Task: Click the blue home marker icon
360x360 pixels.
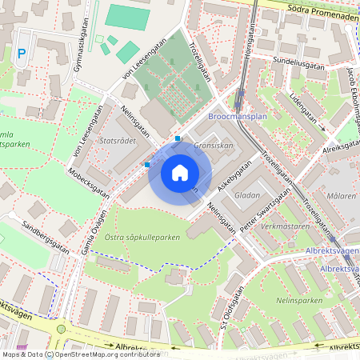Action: (x=180, y=173)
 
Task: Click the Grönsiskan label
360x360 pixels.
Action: (x=214, y=146)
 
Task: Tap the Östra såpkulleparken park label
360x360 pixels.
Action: (x=142, y=238)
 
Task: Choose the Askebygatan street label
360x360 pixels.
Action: (x=233, y=178)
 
